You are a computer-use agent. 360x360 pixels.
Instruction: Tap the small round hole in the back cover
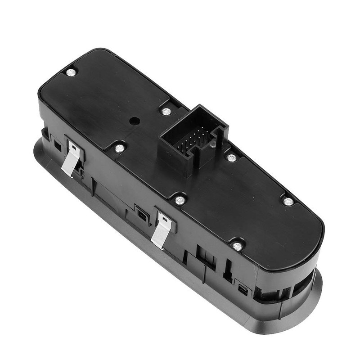pos(134,121)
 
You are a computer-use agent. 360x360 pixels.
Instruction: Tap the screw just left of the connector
pos(166,111)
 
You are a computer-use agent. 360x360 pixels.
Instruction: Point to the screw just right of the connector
pos(232,157)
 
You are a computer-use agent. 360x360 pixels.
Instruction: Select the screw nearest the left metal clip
pos(119,148)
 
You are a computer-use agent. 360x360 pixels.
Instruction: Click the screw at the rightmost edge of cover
pos(288,201)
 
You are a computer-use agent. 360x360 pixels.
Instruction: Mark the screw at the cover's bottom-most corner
pos(237,246)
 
